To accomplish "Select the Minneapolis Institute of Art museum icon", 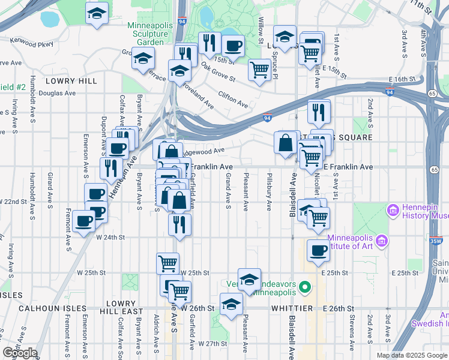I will click(382, 241).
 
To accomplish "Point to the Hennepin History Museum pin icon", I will click(393, 211).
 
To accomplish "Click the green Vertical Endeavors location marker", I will click(305, 287).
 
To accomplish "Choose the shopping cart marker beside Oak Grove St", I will click(259, 70).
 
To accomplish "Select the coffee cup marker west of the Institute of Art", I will click(318, 250).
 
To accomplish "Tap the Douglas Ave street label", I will click(57, 94).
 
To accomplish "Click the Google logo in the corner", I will click(20, 353).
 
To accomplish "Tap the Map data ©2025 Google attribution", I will click(412, 355).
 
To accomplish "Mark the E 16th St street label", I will click(402, 79).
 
